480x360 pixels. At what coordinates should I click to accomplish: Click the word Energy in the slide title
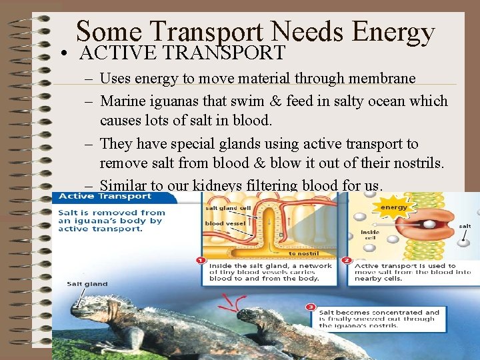click(393, 31)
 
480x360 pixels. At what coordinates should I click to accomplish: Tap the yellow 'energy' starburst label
click(394, 207)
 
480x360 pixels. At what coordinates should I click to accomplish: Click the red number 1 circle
click(200, 260)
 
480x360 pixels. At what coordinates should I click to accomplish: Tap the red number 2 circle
click(346, 260)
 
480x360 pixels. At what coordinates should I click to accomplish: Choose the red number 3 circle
click(311, 307)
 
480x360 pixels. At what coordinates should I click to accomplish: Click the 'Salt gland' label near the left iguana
click(87, 284)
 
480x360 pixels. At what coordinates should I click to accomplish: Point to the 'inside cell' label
click(370, 235)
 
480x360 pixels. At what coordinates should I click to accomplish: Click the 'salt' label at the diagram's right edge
click(465, 226)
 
